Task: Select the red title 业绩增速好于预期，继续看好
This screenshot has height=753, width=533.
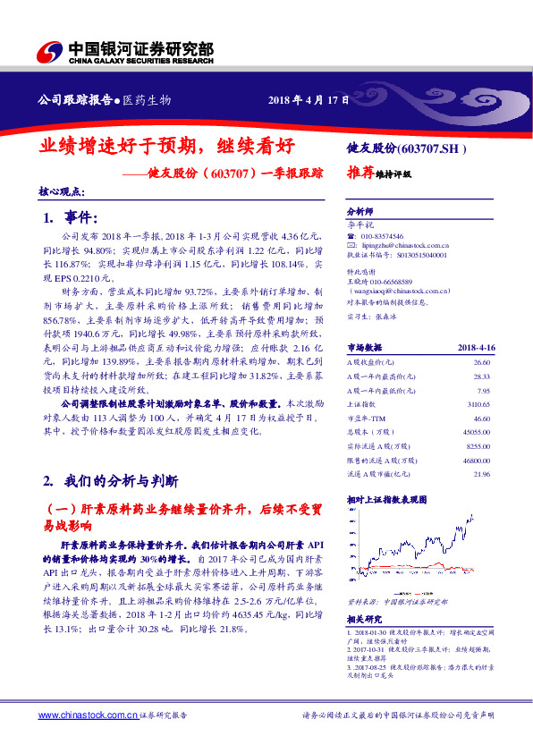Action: pos(166,146)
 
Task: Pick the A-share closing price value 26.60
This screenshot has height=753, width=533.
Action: pos(481,361)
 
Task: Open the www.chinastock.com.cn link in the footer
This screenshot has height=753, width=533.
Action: pos(88,715)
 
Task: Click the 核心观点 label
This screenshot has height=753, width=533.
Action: pos(62,190)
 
